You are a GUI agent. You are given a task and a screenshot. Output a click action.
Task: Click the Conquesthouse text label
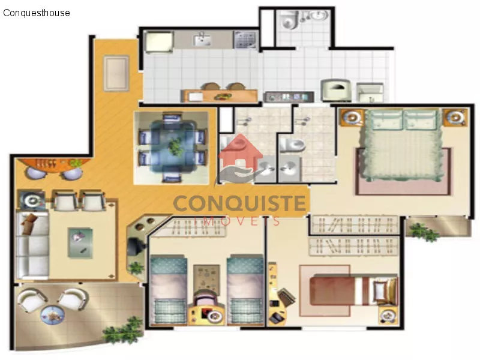pyautogui.click(x=37, y=13)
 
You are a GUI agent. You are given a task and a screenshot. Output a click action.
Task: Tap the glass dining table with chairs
pyautogui.click(x=173, y=148)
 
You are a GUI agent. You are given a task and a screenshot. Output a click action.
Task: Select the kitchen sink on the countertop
pyautogui.click(x=202, y=40)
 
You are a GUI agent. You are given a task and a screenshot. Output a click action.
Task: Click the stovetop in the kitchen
pyautogui.click(x=245, y=40)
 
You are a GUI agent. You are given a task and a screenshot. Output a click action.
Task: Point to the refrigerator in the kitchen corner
pyautogui.click(x=158, y=41)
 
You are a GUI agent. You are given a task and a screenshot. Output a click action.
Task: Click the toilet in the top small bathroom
pyautogui.click(x=290, y=20)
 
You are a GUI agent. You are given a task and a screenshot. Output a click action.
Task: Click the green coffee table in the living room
pyautogui.click(x=80, y=243)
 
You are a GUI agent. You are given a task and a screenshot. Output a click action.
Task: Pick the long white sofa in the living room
pyautogui.click(x=32, y=245)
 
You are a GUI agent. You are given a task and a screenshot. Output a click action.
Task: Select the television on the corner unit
pyautogui.click(x=134, y=245)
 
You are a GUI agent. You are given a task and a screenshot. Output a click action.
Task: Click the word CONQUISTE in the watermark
pyautogui.click(x=239, y=203)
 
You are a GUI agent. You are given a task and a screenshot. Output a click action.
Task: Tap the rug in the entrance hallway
pyautogui.click(x=116, y=73)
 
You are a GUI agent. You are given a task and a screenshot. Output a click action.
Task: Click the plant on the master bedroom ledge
pyautogui.click(x=424, y=232)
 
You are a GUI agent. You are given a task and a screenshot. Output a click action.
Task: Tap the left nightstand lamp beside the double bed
pyautogui.click(x=352, y=117)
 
